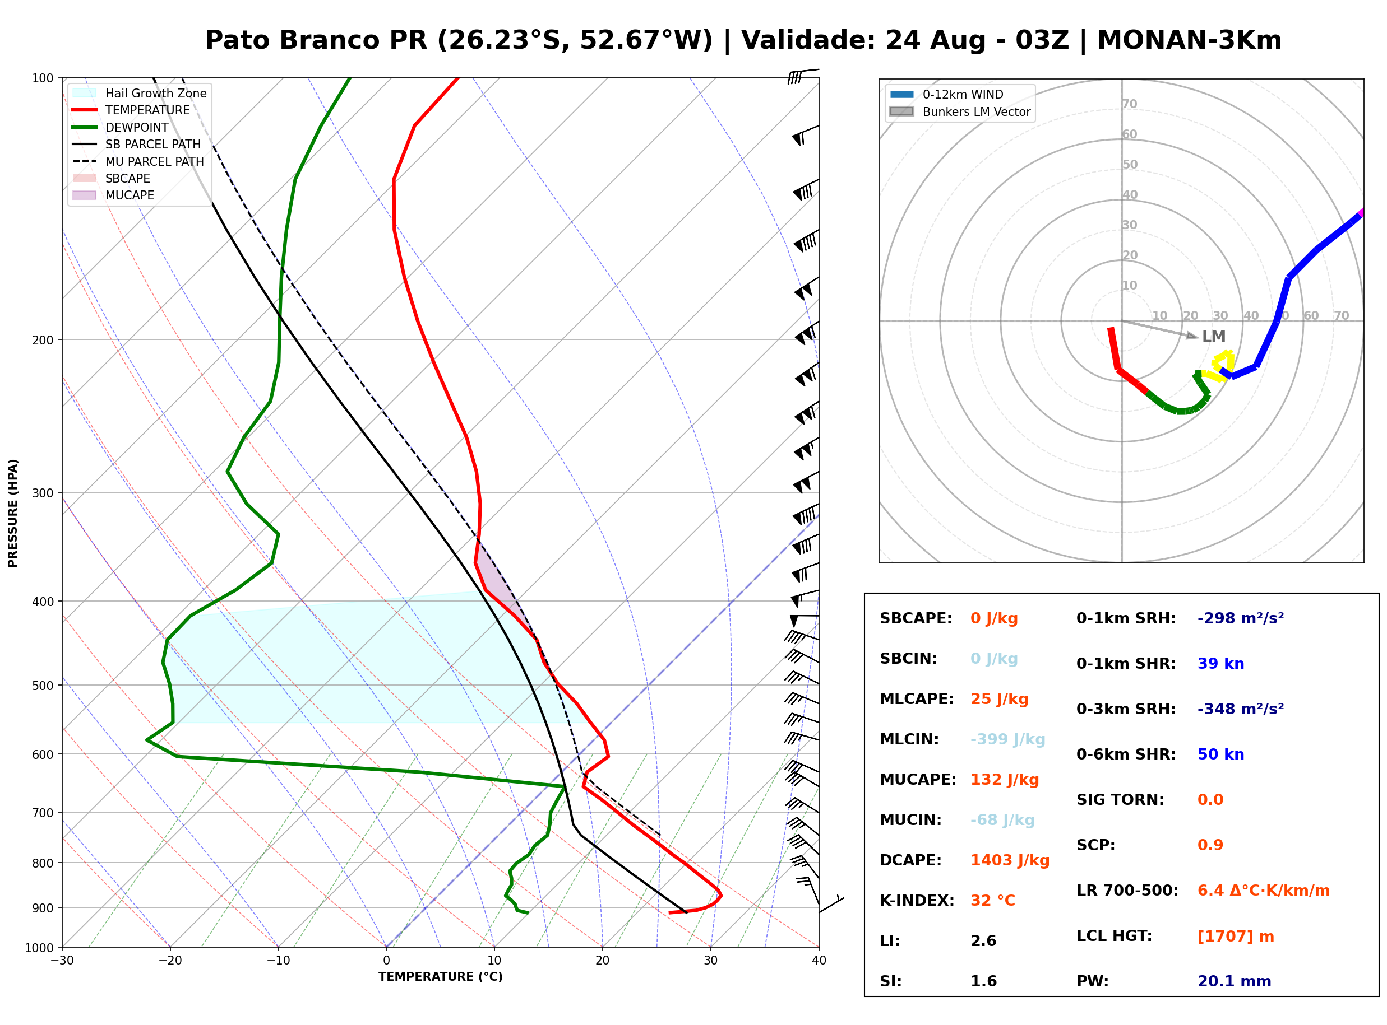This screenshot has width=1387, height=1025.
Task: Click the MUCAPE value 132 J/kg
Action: [1005, 780]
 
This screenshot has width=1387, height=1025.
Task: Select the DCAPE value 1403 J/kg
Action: [1010, 860]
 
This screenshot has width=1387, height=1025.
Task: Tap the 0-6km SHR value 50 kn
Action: [1220, 754]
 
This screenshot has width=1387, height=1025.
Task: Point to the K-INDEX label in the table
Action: [917, 901]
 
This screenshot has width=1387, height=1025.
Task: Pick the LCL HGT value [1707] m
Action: [1236, 937]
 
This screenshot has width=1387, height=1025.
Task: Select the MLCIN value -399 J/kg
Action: [1007, 739]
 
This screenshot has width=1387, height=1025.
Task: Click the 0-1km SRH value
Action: [1241, 618]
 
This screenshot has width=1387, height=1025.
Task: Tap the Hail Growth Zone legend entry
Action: [140, 93]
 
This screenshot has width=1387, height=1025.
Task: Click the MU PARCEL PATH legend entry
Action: [138, 161]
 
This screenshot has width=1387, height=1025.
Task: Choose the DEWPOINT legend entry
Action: [121, 127]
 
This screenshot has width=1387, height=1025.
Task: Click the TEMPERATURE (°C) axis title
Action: [441, 977]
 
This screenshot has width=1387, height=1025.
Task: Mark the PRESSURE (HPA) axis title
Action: [13, 513]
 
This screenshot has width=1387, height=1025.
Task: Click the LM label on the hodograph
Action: [1214, 336]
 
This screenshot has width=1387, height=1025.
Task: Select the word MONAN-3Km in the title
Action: [1190, 40]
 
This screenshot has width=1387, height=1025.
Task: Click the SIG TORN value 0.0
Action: [1210, 800]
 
